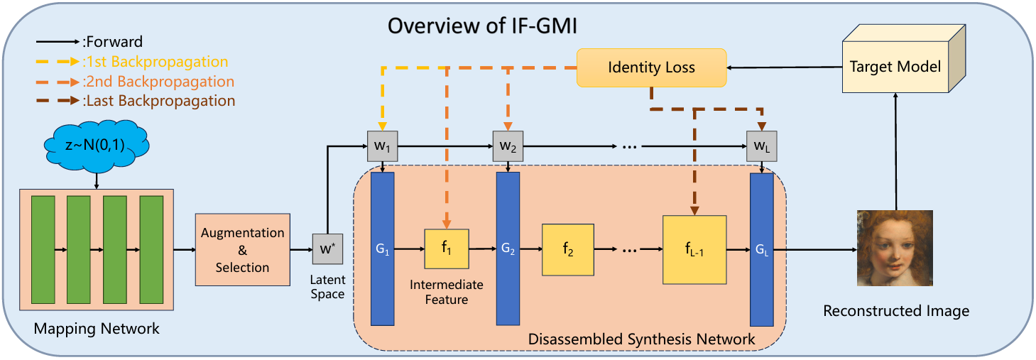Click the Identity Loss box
pyautogui.click(x=651, y=68)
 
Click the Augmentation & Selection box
pyautogui.click(x=242, y=249)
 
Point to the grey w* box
pyautogui.click(x=327, y=249)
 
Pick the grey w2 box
pyautogui.click(x=508, y=146)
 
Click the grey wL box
pyautogui.click(x=762, y=146)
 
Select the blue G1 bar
pyautogui.click(x=382, y=249)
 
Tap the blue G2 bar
pyautogui.click(x=508, y=249)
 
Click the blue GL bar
pyautogui.click(x=761, y=249)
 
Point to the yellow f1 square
pyautogui.click(x=446, y=249)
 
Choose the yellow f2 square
pyautogui.click(x=567, y=249)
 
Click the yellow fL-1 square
pyautogui.click(x=694, y=249)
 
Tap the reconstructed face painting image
pyautogui.click(x=895, y=249)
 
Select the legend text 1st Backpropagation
pyautogui.click(x=156, y=62)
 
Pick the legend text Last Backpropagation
pyautogui.click(x=159, y=101)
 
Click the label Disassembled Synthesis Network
pyautogui.click(x=641, y=339)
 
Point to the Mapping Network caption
pyautogui.click(x=97, y=329)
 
